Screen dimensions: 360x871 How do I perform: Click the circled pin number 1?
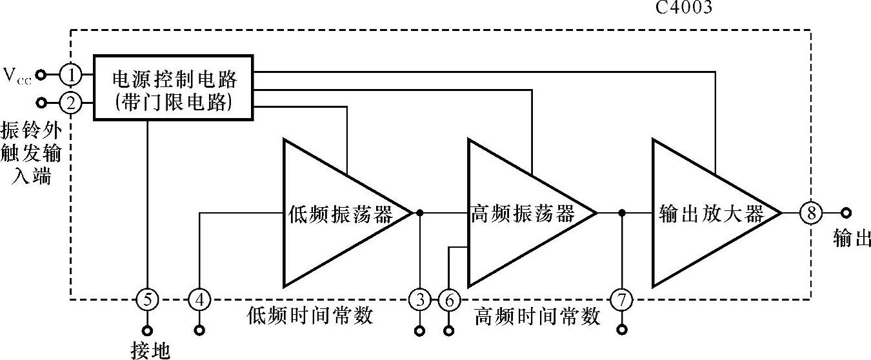[70, 75]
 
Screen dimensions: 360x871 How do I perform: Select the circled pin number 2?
[70, 102]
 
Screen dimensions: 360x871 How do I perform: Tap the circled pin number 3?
[420, 299]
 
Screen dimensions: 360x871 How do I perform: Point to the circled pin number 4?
[200, 299]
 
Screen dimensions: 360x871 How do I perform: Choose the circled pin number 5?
[147, 299]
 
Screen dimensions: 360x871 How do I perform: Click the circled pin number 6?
[449, 299]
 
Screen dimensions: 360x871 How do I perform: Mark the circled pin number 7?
[622, 299]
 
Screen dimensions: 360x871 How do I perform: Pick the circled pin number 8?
[810, 212]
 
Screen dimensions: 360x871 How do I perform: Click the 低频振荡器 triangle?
[335, 213]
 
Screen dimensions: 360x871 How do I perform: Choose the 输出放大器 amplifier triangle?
[706, 213]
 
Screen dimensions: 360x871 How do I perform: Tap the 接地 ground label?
[150, 350]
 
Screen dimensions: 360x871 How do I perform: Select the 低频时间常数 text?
[310, 316]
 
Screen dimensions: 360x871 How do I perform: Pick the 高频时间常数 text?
[537, 316]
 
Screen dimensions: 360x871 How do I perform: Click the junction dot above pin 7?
[622, 212]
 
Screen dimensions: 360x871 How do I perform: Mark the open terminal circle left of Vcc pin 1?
[41, 75]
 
